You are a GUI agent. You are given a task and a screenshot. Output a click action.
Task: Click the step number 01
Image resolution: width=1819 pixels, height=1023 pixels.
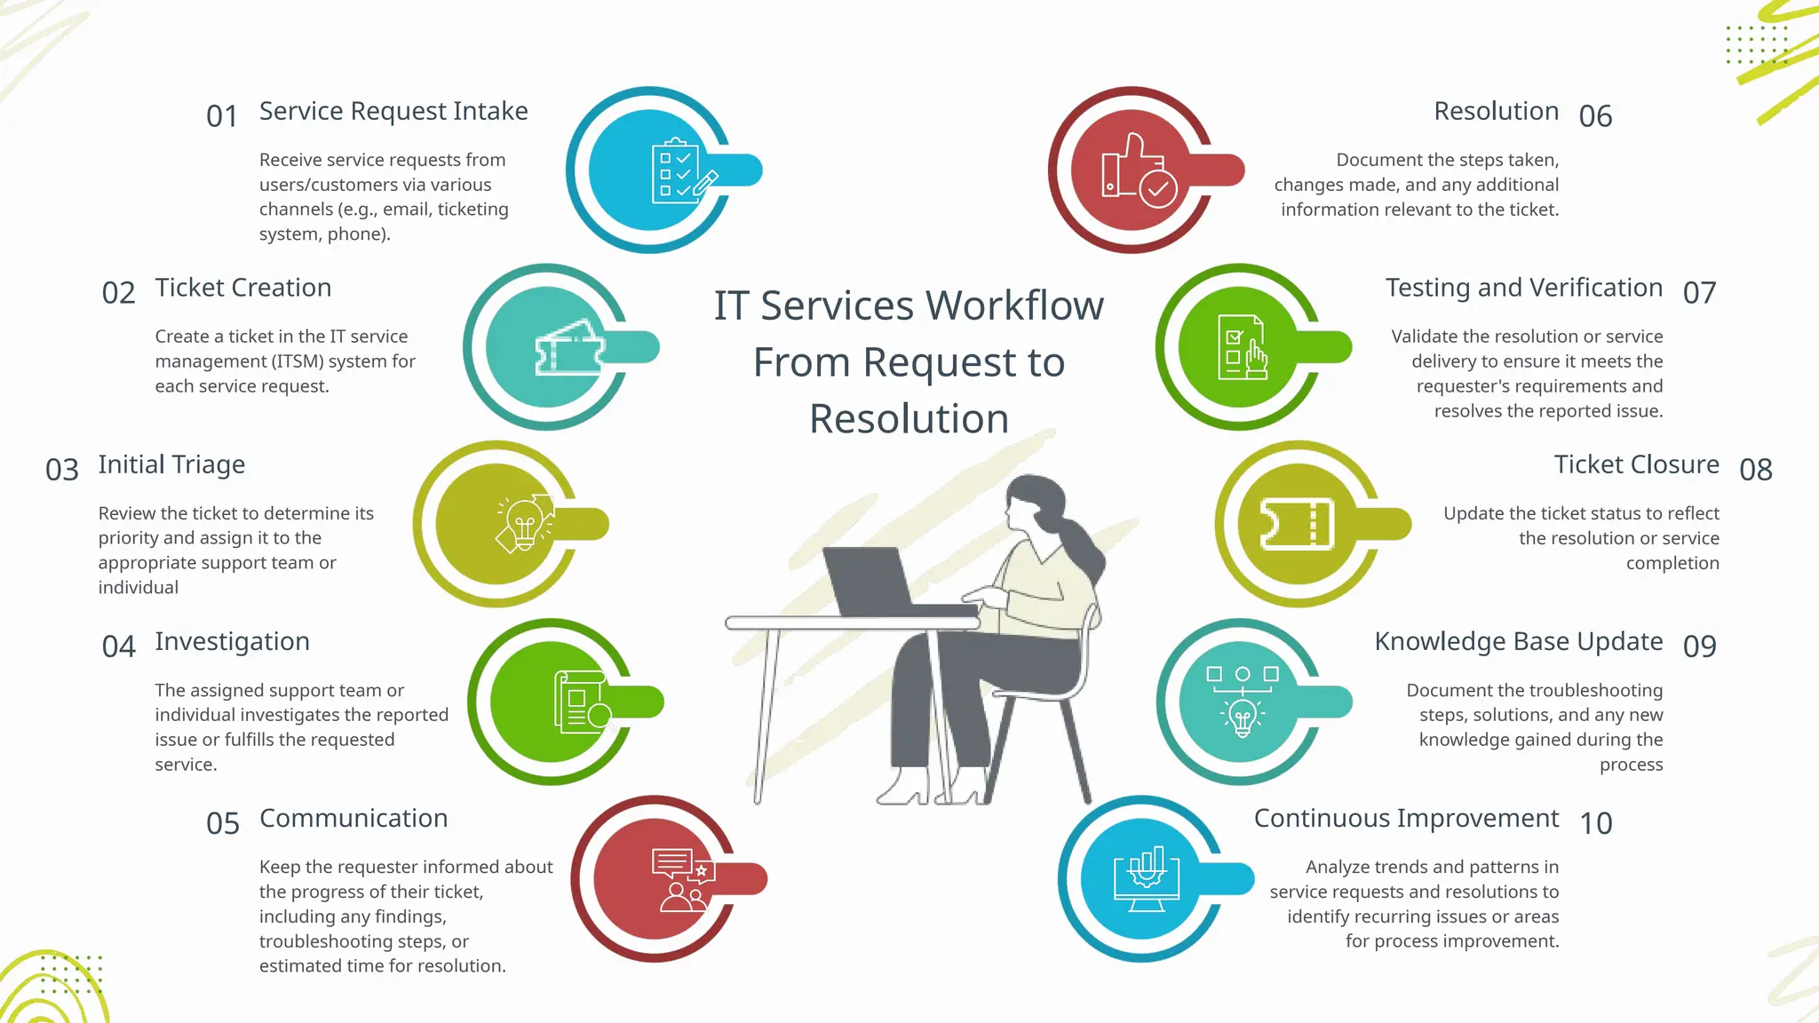(x=222, y=116)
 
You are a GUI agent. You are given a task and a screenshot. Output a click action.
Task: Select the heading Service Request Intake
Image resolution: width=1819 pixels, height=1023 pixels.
(x=393, y=111)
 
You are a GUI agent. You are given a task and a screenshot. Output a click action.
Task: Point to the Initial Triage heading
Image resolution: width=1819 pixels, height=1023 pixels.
(x=171, y=464)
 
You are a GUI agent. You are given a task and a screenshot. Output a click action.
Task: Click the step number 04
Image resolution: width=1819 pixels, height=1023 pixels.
(x=118, y=646)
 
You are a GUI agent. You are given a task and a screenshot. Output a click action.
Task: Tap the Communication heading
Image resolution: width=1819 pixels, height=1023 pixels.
(x=353, y=818)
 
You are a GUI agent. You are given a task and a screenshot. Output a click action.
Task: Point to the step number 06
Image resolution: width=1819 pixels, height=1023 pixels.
(x=1595, y=116)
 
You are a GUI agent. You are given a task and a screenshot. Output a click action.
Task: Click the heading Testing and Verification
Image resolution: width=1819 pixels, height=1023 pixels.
(x=1524, y=288)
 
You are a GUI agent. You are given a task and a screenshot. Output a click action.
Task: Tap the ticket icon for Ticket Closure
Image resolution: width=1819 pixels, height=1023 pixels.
(x=1298, y=524)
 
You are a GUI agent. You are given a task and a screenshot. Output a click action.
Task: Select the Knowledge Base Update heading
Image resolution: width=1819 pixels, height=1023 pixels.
(x=1519, y=641)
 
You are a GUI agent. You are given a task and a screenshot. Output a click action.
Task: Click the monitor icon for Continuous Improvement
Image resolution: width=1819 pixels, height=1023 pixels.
(x=1147, y=878)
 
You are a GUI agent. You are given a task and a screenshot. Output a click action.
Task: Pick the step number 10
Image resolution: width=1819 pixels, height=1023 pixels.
(x=1596, y=823)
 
